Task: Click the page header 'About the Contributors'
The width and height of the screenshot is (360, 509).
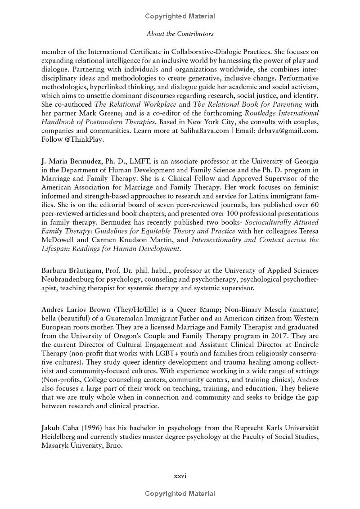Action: tap(180, 34)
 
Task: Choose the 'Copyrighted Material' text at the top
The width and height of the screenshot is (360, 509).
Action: tap(180, 16)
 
